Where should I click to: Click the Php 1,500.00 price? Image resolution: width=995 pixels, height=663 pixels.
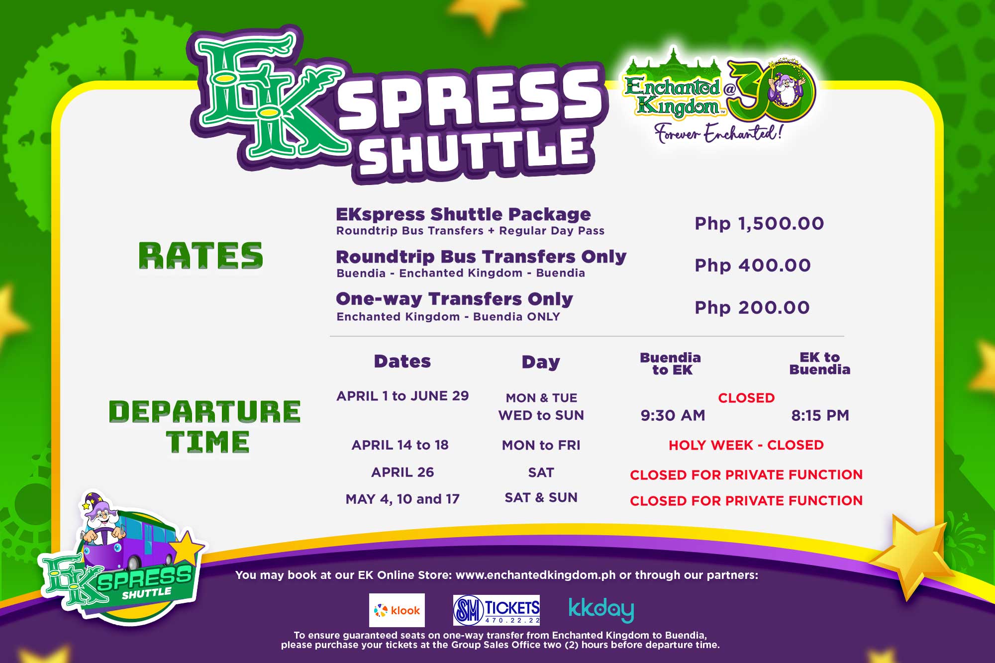tap(759, 223)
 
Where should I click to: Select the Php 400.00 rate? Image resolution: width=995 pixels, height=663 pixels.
tap(753, 265)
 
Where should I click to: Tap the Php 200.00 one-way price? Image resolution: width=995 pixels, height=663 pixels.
tap(752, 307)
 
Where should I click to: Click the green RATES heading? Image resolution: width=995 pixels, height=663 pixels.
tap(200, 256)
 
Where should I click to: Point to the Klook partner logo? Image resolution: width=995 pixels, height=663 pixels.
tap(397, 610)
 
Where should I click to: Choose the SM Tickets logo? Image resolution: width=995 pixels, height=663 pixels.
tap(497, 610)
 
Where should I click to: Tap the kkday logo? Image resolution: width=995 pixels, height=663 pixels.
tap(601, 610)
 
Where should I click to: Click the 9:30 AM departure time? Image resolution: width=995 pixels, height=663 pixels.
tap(673, 415)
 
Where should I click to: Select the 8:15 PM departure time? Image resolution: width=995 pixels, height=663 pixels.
tap(820, 415)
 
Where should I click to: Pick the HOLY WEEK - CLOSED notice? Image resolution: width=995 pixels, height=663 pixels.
tap(746, 445)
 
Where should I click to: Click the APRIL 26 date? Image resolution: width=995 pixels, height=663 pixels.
tap(402, 472)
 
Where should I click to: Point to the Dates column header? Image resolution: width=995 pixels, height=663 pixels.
tap(402, 361)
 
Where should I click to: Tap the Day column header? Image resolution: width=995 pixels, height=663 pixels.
tap(541, 362)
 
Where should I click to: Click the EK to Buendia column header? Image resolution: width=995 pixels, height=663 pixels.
tap(820, 364)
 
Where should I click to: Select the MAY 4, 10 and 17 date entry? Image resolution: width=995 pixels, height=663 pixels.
tap(402, 499)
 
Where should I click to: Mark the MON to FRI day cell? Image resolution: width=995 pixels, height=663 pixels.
tap(541, 445)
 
